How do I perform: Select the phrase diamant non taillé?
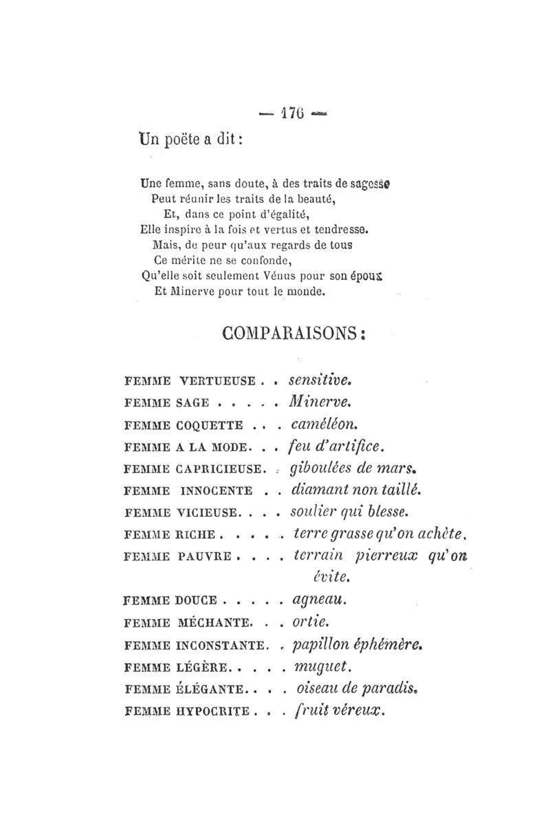(x=355, y=490)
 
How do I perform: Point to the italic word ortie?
(x=307, y=623)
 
